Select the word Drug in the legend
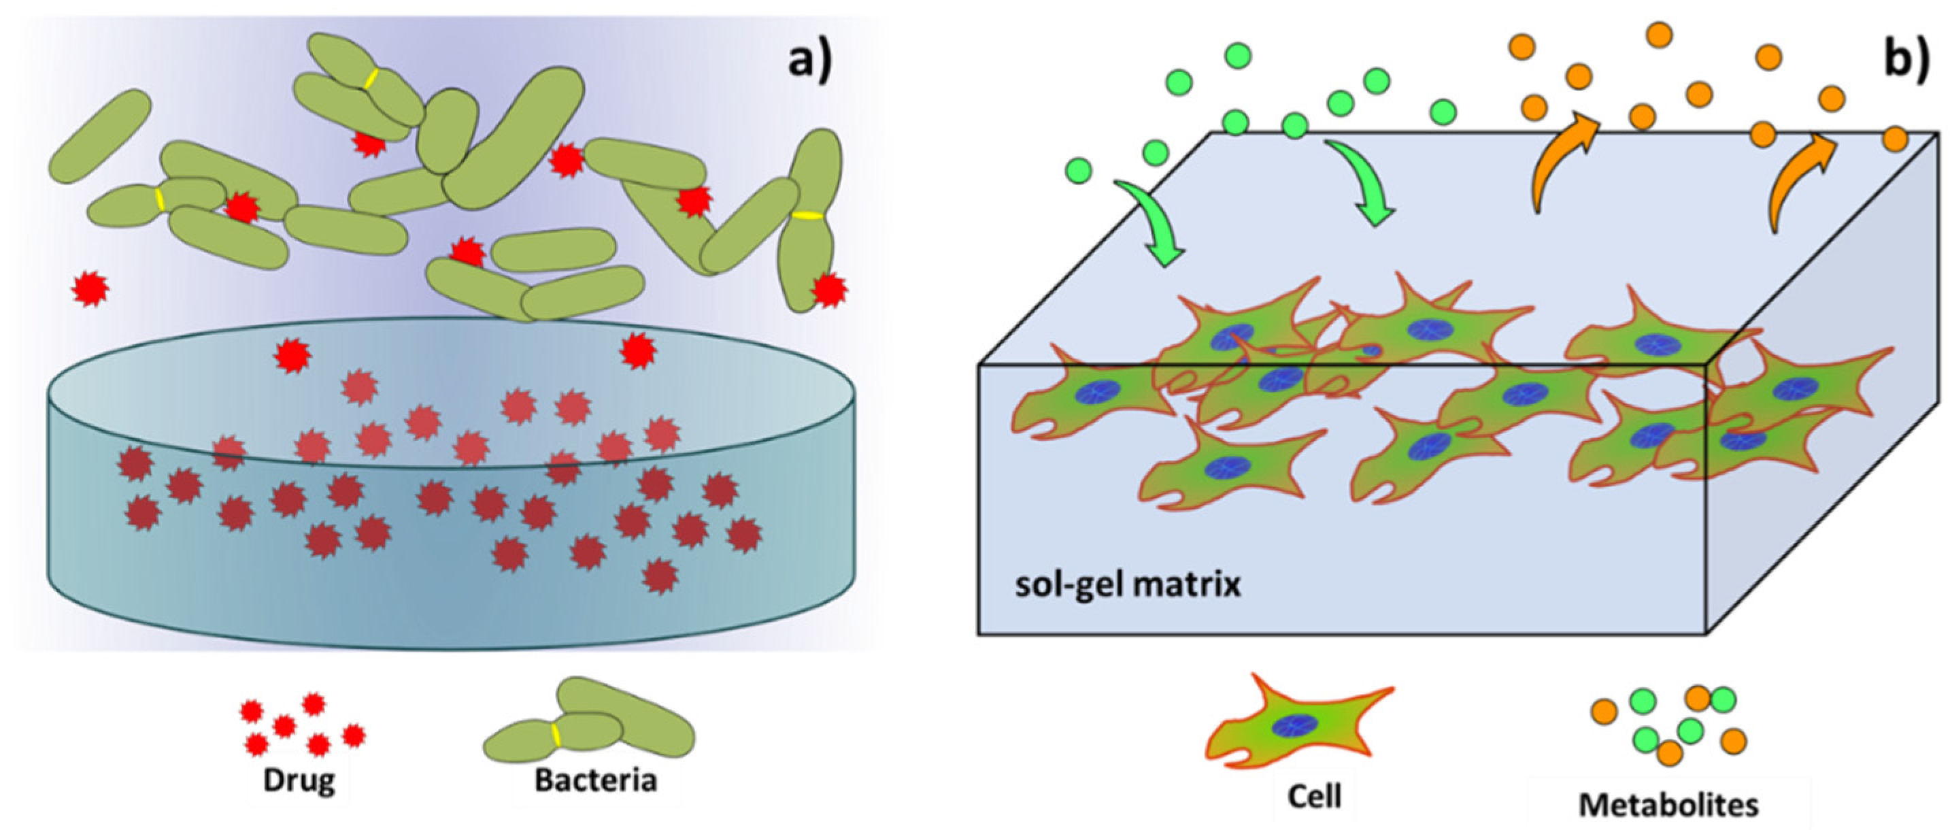tap(299, 781)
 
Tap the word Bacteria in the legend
tap(596, 781)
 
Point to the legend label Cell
tap(1315, 796)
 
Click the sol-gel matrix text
tap(1128, 585)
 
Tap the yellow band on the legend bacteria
tap(556, 734)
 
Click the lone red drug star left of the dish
tap(90, 288)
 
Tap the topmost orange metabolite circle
tap(1659, 35)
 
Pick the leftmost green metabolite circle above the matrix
tap(1078, 171)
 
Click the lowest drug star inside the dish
tap(659, 576)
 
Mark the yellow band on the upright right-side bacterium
tap(808, 216)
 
